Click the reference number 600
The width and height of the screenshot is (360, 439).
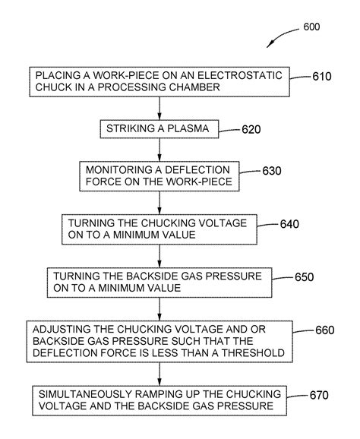pos(311,27)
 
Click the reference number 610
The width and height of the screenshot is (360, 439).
pos(322,77)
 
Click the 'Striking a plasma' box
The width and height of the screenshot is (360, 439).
pos(158,128)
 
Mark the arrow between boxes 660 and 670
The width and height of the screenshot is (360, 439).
pos(159,375)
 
